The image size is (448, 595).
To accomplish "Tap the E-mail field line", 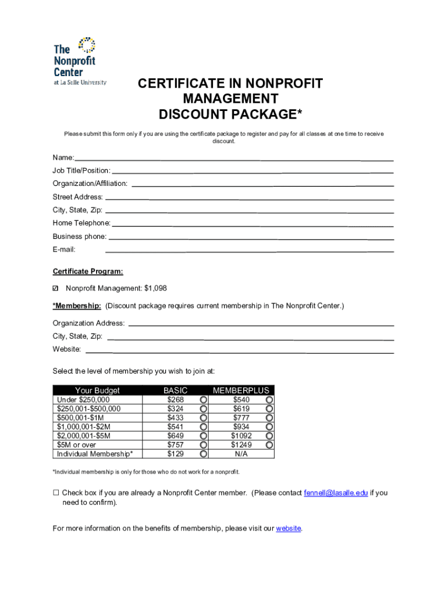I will [249, 251].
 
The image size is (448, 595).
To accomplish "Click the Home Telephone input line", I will [253, 225].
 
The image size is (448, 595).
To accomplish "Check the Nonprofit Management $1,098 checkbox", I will [56, 289].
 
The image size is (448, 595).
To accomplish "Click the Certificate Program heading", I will [88, 271].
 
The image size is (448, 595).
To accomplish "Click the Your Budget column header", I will [97, 390].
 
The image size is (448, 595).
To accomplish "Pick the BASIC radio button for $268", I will [204, 400].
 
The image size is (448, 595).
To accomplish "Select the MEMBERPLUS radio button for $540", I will [269, 400].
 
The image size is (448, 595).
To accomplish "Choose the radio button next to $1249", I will [269, 445].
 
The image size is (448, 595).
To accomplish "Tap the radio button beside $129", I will [204, 454].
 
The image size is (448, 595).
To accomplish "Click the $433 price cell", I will [175, 418].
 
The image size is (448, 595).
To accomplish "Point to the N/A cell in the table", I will [241, 454].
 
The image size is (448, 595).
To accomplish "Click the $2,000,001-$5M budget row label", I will [84, 436].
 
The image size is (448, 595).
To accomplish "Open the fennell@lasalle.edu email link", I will [336, 493].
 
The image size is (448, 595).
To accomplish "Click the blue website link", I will [288, 528].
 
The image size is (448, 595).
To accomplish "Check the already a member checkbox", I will [56, 493].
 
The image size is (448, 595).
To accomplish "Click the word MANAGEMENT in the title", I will [230, 98].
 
